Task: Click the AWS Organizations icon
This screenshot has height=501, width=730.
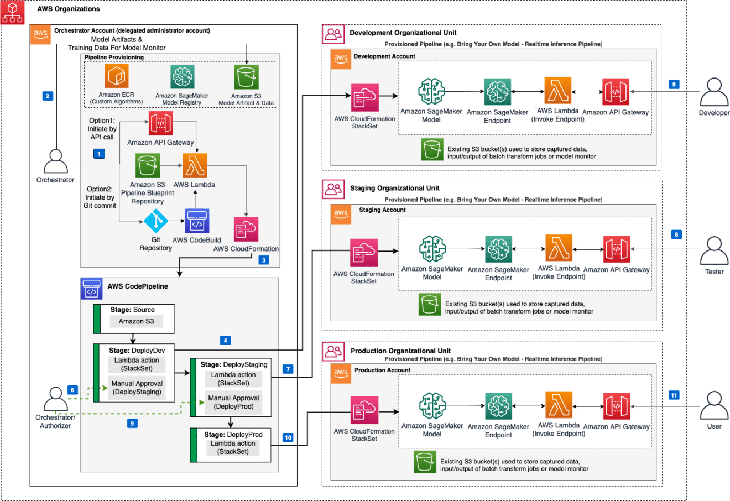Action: point(13,12)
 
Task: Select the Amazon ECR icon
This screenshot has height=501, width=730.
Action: point(116,76)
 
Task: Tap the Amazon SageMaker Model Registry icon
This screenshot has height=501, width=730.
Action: point(182,77)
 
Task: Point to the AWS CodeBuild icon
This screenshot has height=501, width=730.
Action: point(197,222)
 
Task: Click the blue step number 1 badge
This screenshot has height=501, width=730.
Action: point(100,153)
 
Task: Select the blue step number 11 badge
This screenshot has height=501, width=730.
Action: point(674,395)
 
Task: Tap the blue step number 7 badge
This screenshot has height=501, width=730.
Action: point(288,369)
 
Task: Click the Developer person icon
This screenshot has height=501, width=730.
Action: point(714,92)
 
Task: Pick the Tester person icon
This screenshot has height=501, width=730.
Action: point(714,251)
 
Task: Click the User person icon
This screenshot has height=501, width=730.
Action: point(714,406)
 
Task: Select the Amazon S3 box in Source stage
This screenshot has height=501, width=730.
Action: point(136,321)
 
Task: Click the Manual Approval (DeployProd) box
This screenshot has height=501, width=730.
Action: point(233,402)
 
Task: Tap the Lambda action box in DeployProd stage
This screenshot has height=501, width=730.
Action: point(233,447)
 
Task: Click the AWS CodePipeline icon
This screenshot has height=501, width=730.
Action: point(92,289)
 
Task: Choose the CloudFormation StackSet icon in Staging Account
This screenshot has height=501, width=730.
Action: point(364,253)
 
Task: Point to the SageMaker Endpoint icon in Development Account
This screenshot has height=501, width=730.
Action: point(498,92)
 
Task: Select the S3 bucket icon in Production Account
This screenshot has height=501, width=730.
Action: point(425,462)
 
